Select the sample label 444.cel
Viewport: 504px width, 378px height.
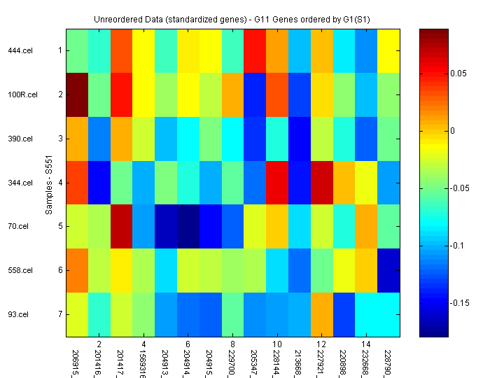tap(20, 50)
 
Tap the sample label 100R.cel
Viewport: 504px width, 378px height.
tap(20, 94)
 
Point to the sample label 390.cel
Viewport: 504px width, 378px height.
tap(20, 139)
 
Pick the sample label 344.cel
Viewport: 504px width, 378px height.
tap(20, 183)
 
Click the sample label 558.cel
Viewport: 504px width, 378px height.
tap(20, 270)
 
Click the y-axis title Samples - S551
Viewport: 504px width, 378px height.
tap(49, 183)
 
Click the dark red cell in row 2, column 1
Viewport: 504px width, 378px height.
tap(78, 94)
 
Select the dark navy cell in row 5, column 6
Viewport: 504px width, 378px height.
tap(189, 226)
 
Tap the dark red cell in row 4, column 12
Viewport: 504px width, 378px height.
tap(322, 183)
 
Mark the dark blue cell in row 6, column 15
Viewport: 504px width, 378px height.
tap(388, 270)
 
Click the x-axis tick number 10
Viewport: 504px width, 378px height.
tap(277, 344)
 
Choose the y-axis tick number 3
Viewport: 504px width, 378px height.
tap(59, 139)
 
